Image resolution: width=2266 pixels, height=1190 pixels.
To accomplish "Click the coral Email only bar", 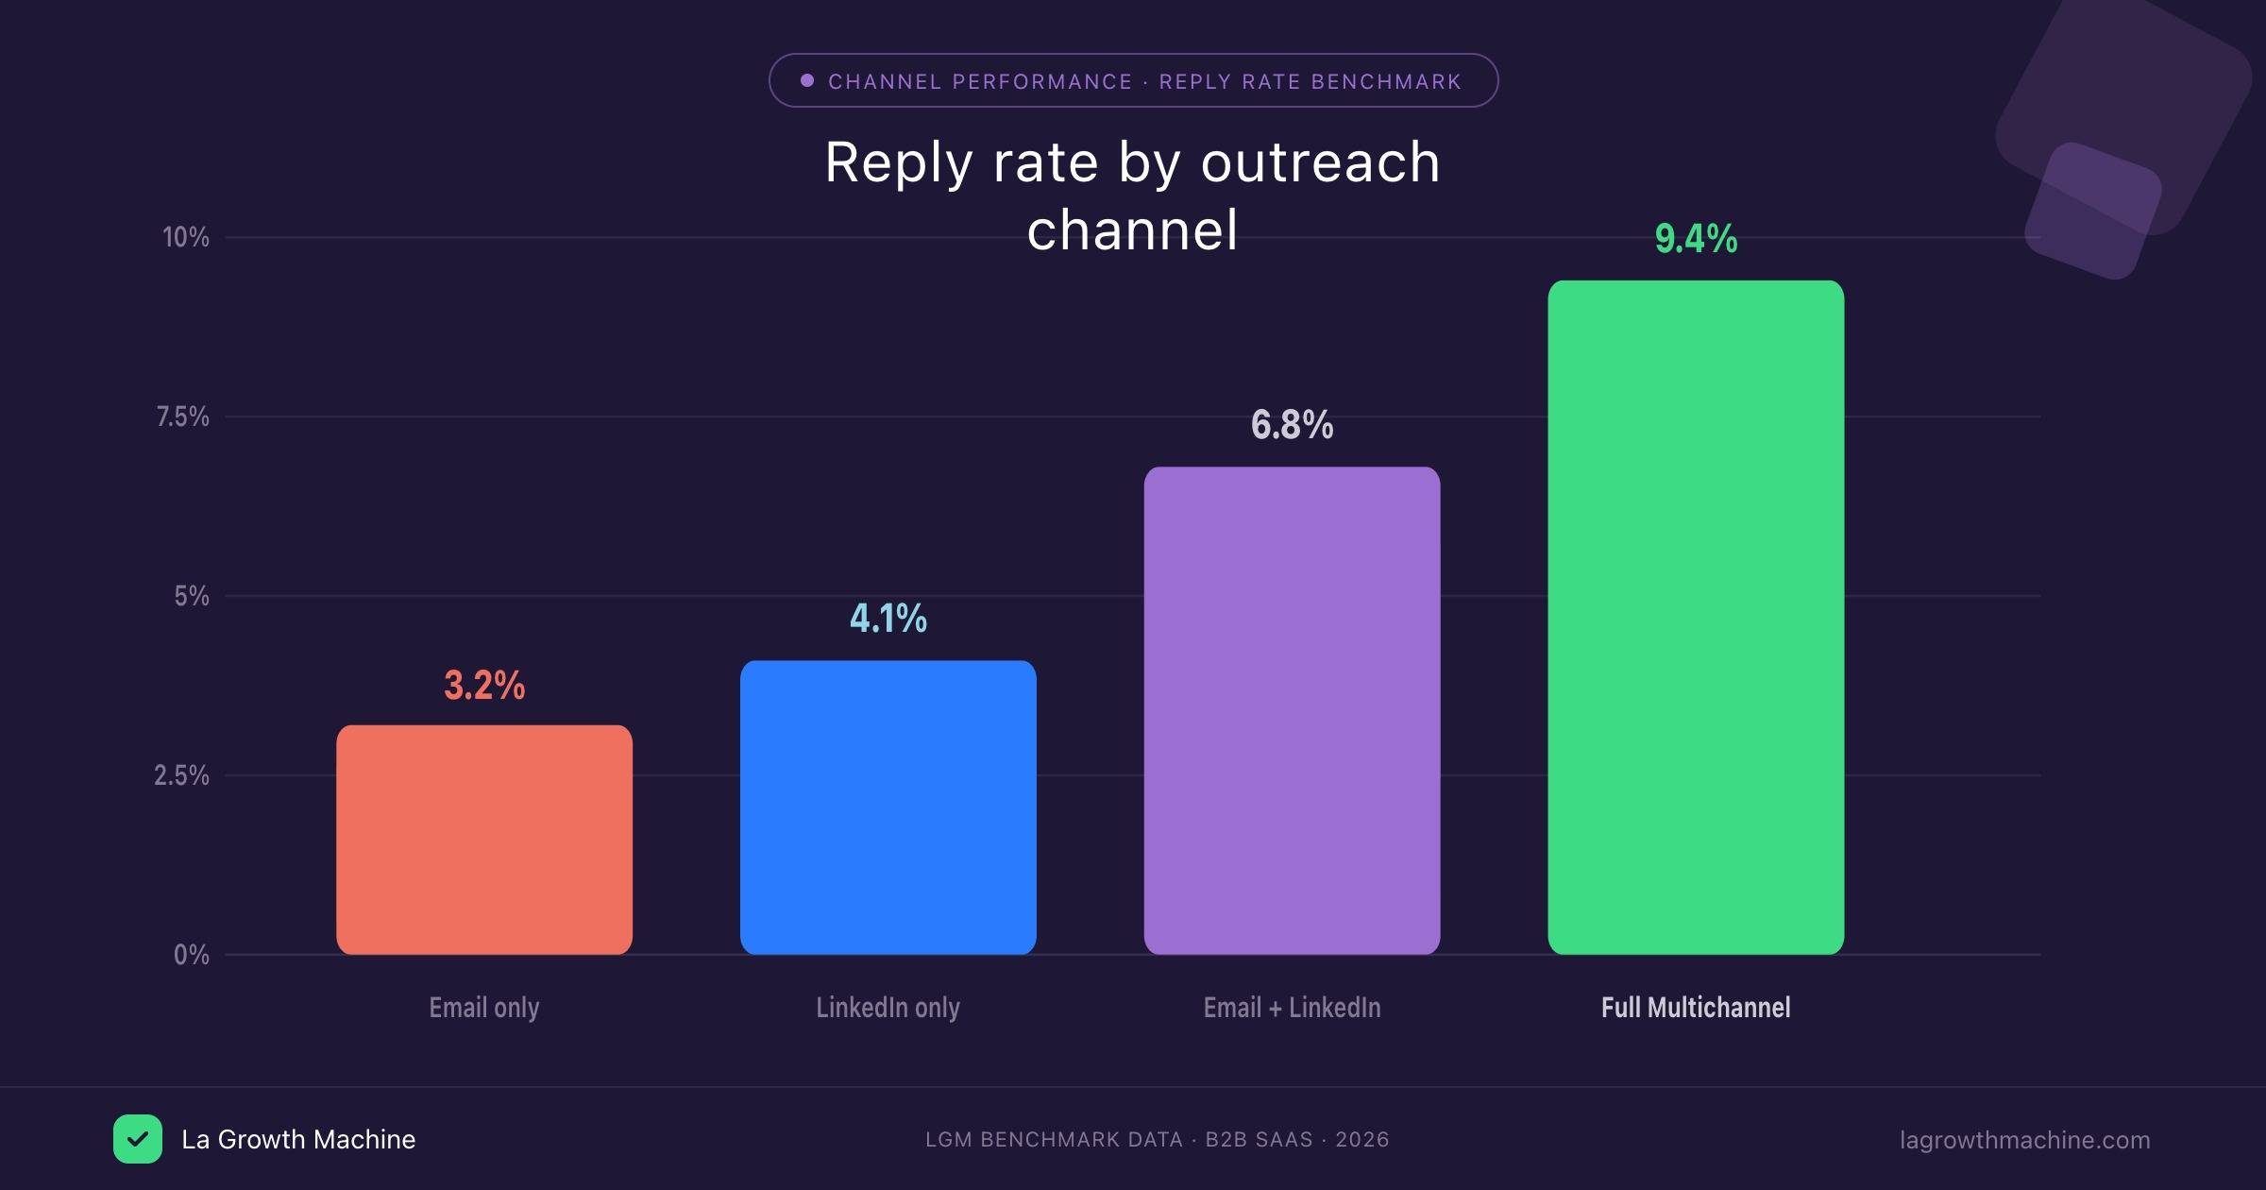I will [x=484, y=840].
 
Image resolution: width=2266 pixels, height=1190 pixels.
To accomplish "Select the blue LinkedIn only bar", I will [x=888, y=807].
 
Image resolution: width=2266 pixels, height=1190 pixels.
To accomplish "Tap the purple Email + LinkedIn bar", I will [x=1292, y=710].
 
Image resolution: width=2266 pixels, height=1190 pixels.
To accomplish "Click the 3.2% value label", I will [x=484, y=685].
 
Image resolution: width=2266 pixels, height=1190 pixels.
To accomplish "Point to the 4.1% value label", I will [x=888, y=619].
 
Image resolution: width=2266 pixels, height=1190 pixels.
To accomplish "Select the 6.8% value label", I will [x=1292, y=425].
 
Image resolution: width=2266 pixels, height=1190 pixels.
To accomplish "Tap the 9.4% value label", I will [x=1696, y=238].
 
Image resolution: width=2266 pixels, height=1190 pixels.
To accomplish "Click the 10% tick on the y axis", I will [x=186, y=237].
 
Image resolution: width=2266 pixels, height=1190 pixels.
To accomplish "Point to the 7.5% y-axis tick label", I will [x=183, y=416].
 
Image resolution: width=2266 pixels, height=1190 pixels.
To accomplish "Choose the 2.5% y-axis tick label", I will [x=182, y=775].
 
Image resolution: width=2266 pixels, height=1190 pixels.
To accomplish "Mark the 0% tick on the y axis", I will [x=192, y=955].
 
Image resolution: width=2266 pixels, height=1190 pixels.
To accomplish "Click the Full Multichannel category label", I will [x=1696, y=1008].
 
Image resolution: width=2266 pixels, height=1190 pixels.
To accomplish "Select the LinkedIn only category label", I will [x=888, y=1008].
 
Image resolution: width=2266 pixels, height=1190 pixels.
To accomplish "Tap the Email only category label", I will [x=484, y=1008].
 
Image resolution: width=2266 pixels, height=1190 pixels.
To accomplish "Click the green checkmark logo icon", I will [x=138, y=1139].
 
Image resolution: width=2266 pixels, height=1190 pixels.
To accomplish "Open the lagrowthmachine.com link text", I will [x=2024, y=1140].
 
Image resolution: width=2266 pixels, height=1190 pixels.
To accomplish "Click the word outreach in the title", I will [x=1320, y=162].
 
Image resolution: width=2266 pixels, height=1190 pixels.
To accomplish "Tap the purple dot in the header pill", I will [x=807, y=80].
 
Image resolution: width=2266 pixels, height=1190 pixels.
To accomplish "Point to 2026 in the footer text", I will [x=1361, y=1140].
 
